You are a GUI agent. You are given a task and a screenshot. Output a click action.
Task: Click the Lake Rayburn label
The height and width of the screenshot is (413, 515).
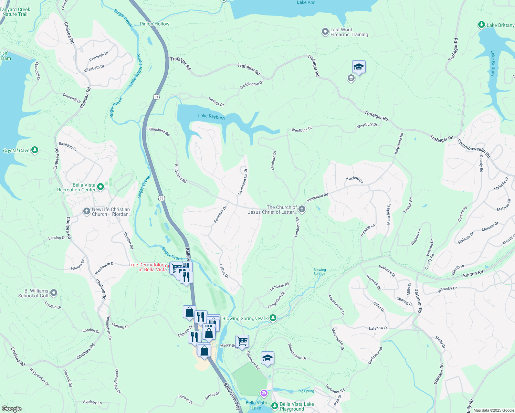pos(211,117)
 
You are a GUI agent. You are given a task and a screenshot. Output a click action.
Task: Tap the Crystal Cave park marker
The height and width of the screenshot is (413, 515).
pos(34,150)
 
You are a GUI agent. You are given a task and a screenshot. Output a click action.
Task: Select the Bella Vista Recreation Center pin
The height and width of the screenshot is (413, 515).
pos(101,187)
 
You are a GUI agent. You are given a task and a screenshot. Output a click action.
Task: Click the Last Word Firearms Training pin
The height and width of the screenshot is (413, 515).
pos(325,32)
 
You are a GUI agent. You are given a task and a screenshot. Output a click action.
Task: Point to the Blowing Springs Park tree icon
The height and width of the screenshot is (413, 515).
pos(273,318)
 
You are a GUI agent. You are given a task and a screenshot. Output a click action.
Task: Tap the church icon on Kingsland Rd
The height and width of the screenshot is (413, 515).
pos(302,209)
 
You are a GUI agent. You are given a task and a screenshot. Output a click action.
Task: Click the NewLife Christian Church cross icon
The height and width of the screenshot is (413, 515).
pos(86,211)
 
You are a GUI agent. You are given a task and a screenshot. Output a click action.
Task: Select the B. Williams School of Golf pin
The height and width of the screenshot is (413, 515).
pos(54,293)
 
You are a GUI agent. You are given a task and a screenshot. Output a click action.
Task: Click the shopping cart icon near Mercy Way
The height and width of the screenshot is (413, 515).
pos(242,341)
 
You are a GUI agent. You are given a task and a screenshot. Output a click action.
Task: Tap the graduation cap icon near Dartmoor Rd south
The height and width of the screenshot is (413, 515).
pos(267,358)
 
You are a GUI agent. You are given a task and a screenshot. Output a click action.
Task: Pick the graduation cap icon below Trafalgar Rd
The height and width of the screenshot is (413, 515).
pos(358,67)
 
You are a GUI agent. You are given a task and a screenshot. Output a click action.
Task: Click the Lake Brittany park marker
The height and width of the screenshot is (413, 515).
pos(482,25)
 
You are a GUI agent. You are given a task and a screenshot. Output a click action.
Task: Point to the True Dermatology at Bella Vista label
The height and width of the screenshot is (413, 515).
pos(148,267)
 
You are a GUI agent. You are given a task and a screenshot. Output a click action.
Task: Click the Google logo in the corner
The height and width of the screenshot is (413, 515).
pos(11,409)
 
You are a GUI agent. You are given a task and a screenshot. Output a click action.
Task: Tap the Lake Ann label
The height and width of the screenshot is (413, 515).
pos(306,2)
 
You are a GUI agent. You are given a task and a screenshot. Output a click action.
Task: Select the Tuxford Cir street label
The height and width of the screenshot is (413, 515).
pos(355,180)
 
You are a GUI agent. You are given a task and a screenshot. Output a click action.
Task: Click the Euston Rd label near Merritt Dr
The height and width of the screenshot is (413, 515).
pos(473,274)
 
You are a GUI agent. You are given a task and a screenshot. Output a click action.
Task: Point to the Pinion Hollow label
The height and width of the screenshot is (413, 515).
pos(155,24)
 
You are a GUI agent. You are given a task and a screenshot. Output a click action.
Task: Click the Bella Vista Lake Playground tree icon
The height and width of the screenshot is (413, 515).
pos(274,406)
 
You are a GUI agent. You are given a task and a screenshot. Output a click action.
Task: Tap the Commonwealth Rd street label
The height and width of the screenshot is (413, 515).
pos(473,148)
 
